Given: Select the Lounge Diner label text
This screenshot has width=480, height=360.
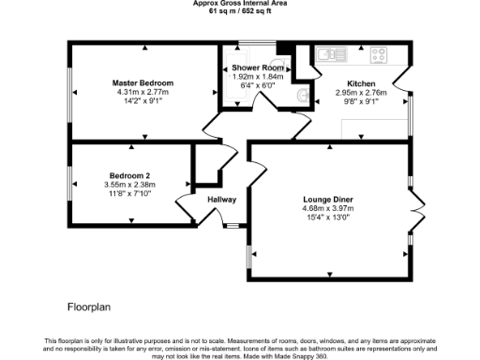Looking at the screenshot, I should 328,200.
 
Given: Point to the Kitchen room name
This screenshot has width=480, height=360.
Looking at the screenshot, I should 360,83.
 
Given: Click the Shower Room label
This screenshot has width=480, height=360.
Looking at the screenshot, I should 258,68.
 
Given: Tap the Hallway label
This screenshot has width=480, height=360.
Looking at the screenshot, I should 221,200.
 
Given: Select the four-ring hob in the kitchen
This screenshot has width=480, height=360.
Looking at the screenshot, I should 381,53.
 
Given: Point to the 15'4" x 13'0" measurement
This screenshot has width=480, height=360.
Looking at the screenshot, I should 328,217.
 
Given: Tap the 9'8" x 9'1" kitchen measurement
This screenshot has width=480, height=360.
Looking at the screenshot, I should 360,101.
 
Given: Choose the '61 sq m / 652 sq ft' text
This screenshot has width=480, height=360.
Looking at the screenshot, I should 240,12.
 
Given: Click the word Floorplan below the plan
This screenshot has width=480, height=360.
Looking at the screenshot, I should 90,307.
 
